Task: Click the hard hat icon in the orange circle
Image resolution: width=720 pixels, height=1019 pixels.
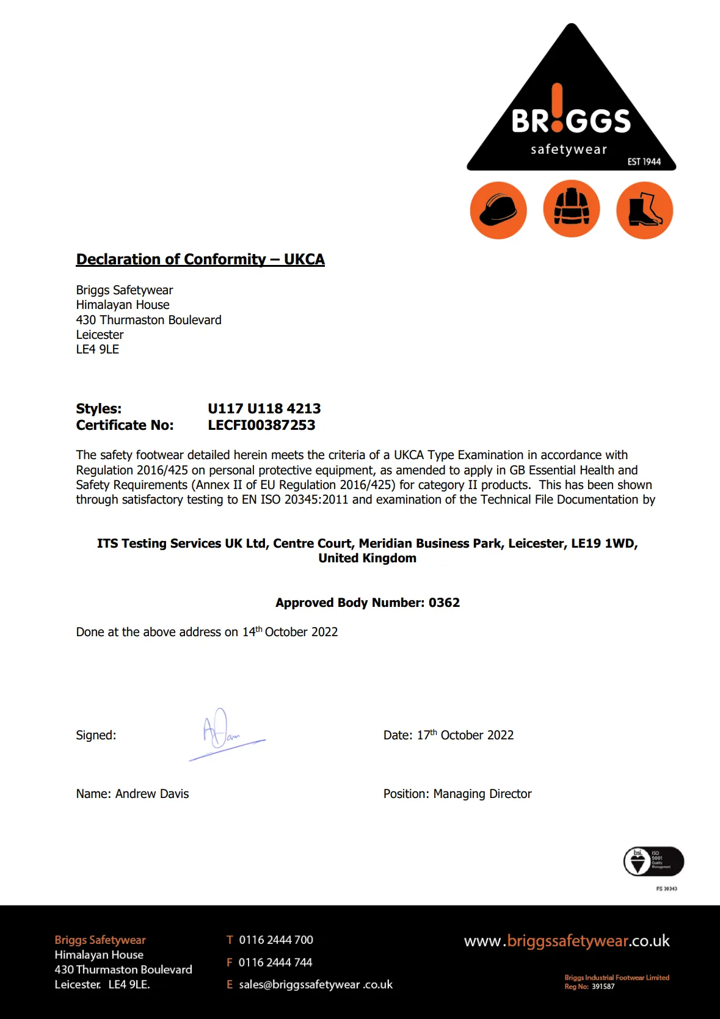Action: click(498, 210)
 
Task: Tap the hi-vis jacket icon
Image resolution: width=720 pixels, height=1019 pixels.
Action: click(572, 208)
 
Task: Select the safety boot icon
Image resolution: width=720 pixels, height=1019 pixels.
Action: click(644, 210)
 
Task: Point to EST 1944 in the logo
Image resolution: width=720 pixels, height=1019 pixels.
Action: click(644, 162)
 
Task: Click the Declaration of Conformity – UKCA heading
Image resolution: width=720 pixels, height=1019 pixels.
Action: click(200, 259)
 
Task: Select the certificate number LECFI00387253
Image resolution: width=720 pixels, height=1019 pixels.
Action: click(261, 426)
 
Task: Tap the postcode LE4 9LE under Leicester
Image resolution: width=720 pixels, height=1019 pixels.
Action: click(98, 349)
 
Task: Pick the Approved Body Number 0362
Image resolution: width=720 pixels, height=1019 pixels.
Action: click(444, 603)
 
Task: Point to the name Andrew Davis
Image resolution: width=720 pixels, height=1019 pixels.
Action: click(152, 794)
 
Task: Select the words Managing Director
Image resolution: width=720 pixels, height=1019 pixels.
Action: click(482, 794)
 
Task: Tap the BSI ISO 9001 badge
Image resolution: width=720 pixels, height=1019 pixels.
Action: click(653, 861)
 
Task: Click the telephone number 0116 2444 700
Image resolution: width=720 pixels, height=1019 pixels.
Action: click(276, 940)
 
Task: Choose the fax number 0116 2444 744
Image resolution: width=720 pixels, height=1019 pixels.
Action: click(275, 962)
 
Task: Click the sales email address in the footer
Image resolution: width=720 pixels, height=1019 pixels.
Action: click(316, 984)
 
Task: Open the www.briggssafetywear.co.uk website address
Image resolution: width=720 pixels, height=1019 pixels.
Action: click(567, 941)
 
